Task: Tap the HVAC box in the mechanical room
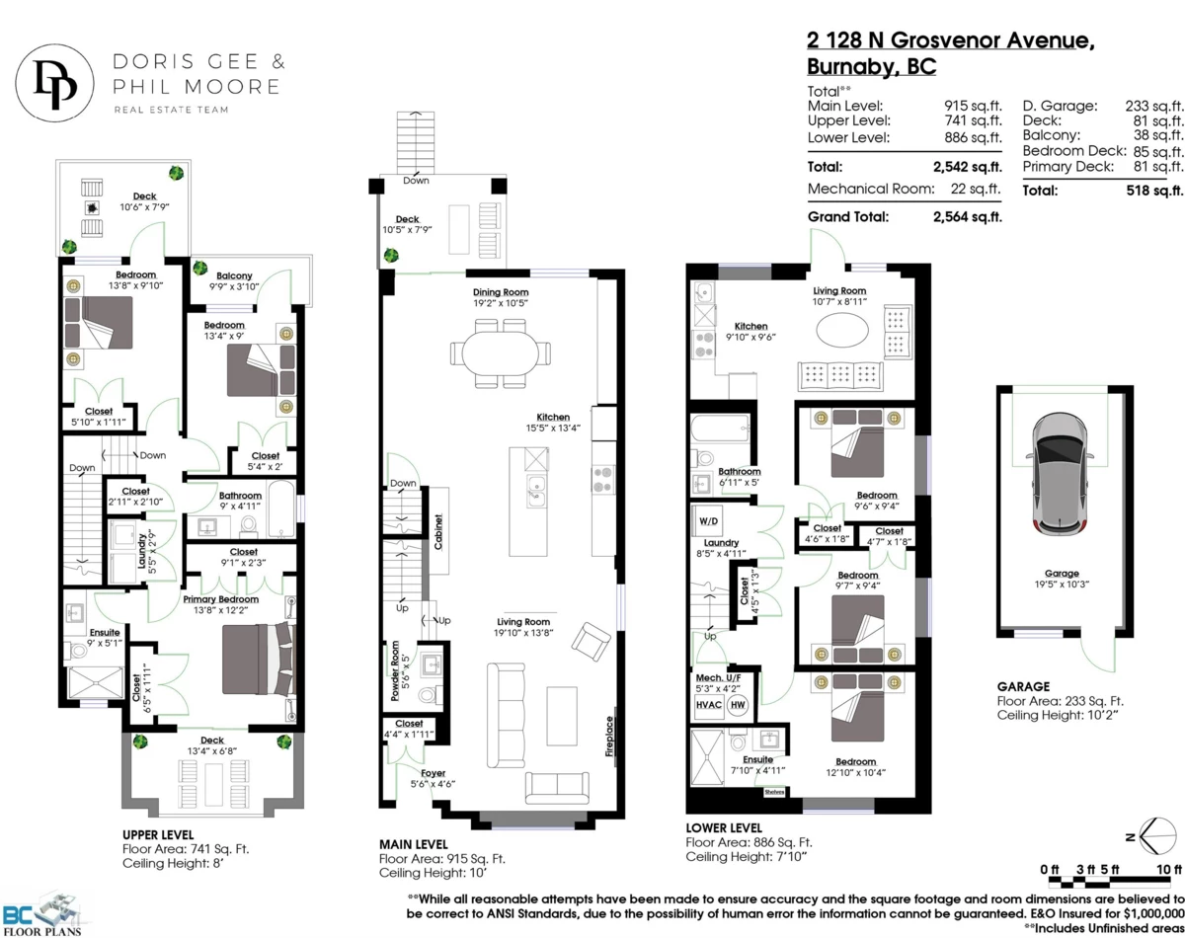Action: [x=710, y=705]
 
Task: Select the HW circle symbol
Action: [x=738, y=705]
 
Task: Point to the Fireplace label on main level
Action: [x=612, y=737]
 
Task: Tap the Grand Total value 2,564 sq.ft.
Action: [x=967, y=216]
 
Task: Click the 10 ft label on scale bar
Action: [x=1168, y=869]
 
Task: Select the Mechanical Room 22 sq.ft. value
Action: [x=978, y=189]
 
